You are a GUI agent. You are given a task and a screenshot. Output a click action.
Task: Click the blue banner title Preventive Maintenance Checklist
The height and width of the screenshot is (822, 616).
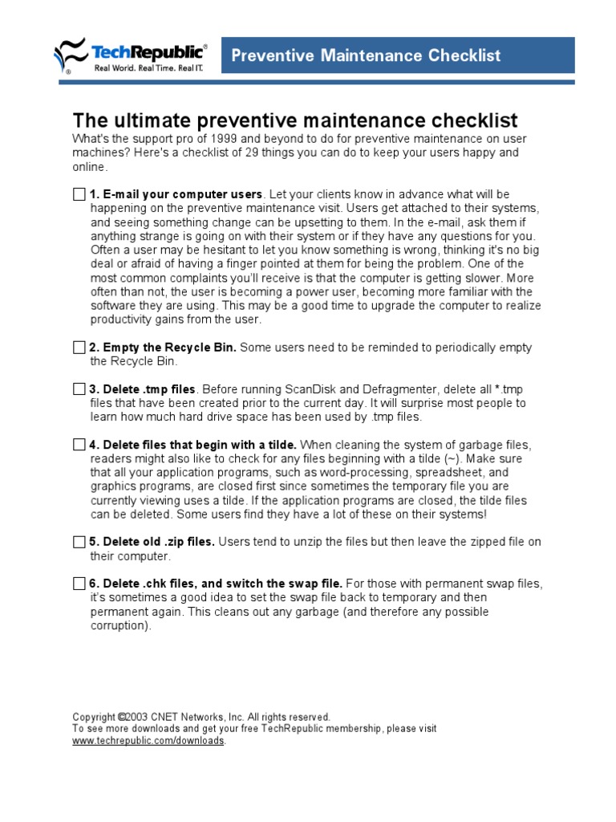[366, 55]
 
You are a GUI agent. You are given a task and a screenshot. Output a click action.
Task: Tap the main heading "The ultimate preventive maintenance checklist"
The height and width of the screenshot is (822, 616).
[295, 120]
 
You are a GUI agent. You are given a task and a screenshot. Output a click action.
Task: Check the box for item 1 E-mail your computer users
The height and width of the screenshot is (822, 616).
[79, 194]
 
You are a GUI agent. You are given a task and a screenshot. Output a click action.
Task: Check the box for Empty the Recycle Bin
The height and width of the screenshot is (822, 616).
[79, 348]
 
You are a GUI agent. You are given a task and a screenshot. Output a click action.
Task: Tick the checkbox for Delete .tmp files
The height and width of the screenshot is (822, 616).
[79, 389]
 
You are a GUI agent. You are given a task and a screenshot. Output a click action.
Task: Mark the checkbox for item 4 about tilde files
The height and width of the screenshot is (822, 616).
[79, 445]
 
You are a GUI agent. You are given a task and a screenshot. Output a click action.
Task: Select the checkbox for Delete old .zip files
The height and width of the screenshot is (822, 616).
[79, 542]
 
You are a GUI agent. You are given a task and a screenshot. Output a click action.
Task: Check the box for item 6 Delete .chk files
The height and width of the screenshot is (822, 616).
[79, 584]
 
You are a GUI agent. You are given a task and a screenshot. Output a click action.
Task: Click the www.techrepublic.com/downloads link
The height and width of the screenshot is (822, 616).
[148, 741]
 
